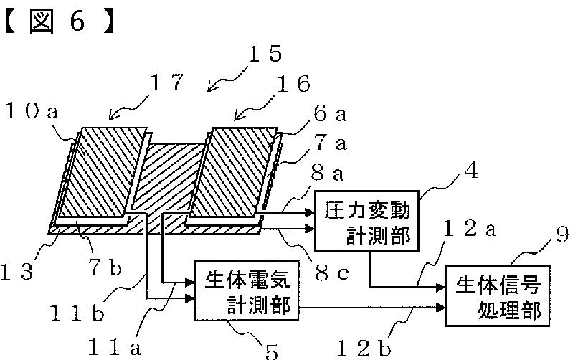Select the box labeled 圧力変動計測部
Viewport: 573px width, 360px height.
pyautogui.click(x=366, y=220)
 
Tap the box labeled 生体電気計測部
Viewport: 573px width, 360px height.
pyautogui.click(x=247, y=291)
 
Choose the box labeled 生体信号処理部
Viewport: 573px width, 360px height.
pyautogui.click(x=498, y=295)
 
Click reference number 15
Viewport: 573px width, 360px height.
pyautogui.click(x=265, y=54)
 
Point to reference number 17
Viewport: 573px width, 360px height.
pyautogui.click(x=166, y=82)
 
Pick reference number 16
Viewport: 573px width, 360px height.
pyautogui.click(x=293, y=84)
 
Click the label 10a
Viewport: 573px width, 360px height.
pyautogui.click(x=32, y=110)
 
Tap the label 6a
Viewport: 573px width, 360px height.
pyautogui.click(x=330, y=113)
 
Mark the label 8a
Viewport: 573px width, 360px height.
pyautogui.click(x=327, y=173)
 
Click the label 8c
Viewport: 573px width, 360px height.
pyautogui.click(x=332, y=273)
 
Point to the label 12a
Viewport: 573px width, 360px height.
pyautogui.click(x=470, y=229)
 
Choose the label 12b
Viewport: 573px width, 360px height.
pyautogui.click(x=364, y=349)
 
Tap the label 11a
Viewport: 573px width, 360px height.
pyautogui.click(x=115, y=347)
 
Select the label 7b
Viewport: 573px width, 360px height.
pyautogui.click(x=105, y=267)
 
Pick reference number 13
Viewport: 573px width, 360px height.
pyautogui.click(x=16, y=272)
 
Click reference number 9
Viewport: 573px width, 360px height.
pyautogui.click(x=562, y=235)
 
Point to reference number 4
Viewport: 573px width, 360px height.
pyautogui.click(x=471, y=171)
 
